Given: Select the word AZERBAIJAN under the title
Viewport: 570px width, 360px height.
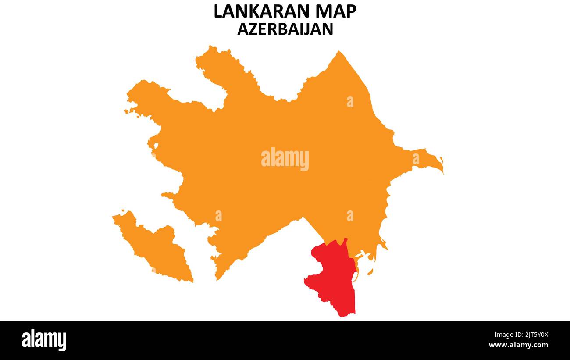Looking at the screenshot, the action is [x=285, y=29].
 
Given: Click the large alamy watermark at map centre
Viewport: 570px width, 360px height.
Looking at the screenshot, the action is [x=285, y=159].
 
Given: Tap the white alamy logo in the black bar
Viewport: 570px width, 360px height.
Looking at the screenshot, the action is [x=44, y=340].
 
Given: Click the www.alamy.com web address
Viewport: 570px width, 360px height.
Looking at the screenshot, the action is [x=518, y=346].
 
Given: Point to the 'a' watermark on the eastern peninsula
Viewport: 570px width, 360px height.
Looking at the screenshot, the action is [x=415, y=159].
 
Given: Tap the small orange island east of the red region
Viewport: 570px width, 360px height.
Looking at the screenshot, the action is [x=370, y=272].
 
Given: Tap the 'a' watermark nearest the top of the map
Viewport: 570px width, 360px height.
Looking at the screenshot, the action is [x=350, y=102].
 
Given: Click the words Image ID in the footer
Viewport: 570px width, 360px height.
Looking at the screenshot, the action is [x=509, y=335].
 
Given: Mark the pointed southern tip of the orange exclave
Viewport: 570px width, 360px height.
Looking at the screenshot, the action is [x=192, y=281].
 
